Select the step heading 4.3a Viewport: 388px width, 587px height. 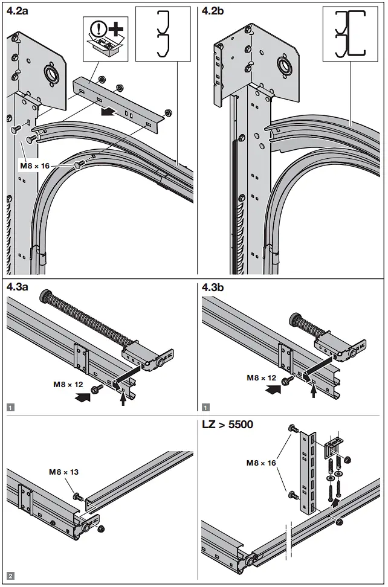(x=18, y=287)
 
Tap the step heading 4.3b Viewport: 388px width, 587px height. (x=213, y=287)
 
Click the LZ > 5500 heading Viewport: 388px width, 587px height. (x=227, y=425)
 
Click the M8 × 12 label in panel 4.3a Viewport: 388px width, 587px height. (x=68, y=384)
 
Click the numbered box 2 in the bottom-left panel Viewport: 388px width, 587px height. (x=10, y=576)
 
